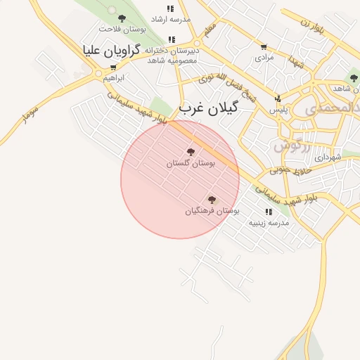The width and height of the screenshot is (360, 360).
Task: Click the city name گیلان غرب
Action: click(x=209, y=108)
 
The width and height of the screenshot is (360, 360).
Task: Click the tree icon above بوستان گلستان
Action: click(x=191, y=151)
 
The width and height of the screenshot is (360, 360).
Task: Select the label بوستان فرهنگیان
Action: click(x=212, y=210)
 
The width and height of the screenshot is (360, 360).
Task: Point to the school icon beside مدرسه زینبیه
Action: click(x=269, y=212)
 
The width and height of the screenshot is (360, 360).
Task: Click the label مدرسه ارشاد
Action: click(x=170, y=19)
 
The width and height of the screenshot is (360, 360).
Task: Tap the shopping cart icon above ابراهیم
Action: click(x=113, y=67)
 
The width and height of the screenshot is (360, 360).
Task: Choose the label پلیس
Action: click(x=278, y=110)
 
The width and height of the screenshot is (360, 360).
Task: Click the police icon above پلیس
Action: click(x=278, y=99)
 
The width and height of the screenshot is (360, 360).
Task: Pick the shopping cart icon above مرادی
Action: click(x=264, y=48)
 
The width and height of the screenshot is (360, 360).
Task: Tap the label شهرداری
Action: click(x=328, y=157)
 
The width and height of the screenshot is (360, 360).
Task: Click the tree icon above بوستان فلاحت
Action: click(x=122, y=18)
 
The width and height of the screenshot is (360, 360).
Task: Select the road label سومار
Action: click(x=30, y=113)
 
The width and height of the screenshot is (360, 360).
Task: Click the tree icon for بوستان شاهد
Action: click(x=353, y=78)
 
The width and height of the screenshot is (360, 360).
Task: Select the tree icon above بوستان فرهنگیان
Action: click(x=212, y=200)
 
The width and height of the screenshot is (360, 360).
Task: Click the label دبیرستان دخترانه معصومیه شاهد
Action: click(x=172, y=55)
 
